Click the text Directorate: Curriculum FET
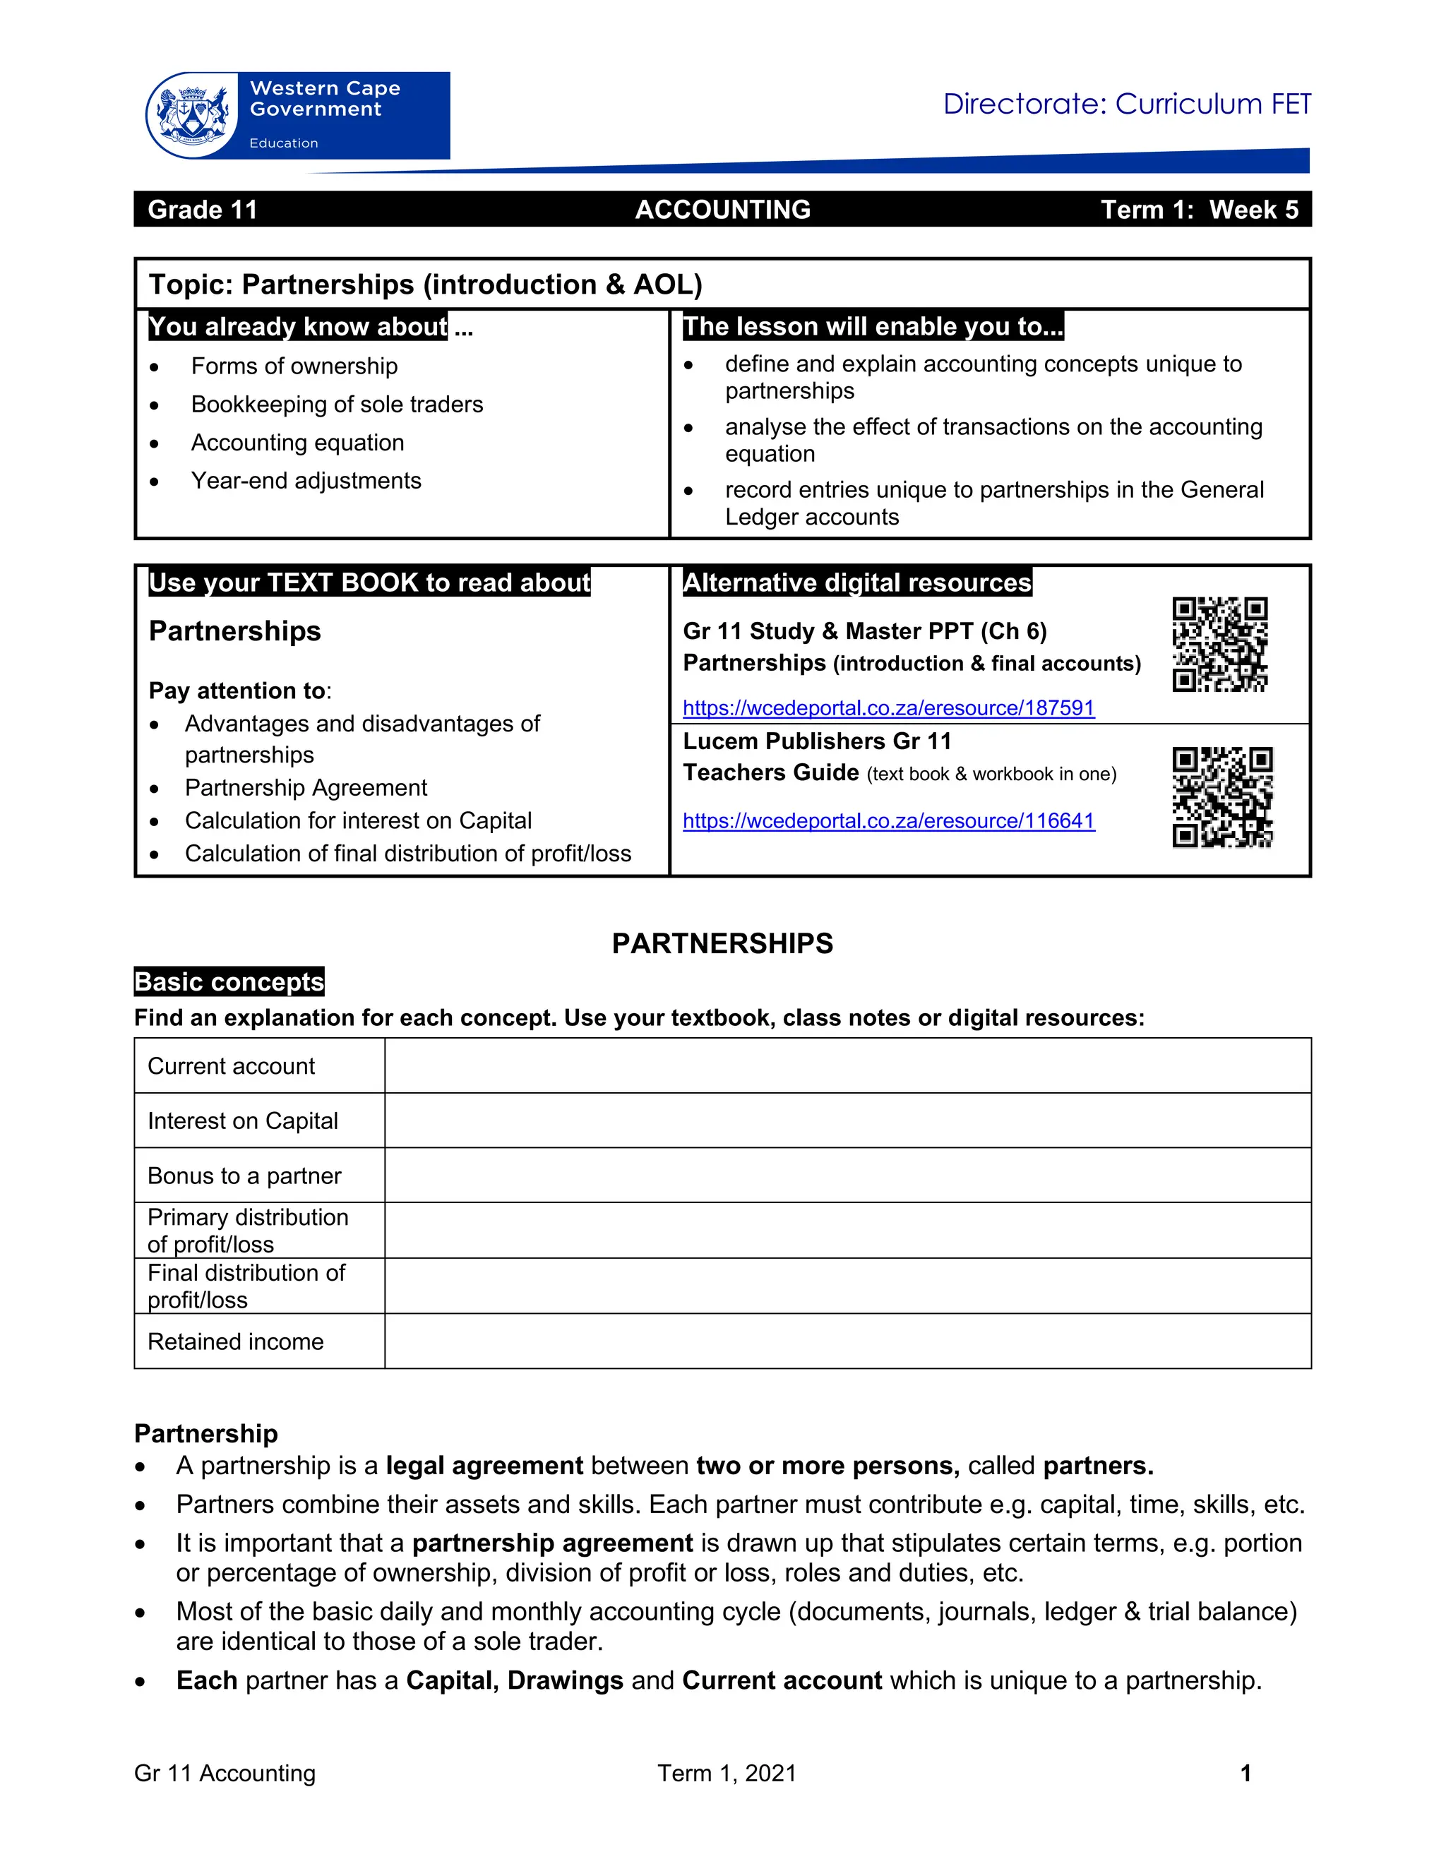tap(1125, 104)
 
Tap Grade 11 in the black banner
tap(202, 210)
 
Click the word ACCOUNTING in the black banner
tap(722, 210)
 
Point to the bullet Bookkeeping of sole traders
tap(337, 405)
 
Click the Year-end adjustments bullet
tap(306, 481)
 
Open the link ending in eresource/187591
tap(888, 707)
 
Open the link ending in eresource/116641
tap(888, 820)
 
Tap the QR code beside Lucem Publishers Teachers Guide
tap(1221, 796)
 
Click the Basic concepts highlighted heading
tap(229, 982)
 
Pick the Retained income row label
tap(236, 1341)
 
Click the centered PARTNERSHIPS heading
tap(722, 943)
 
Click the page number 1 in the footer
tap(1245, 1774)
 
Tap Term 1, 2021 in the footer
tap(727, 1774)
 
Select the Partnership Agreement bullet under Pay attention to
tap(306, 787)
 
